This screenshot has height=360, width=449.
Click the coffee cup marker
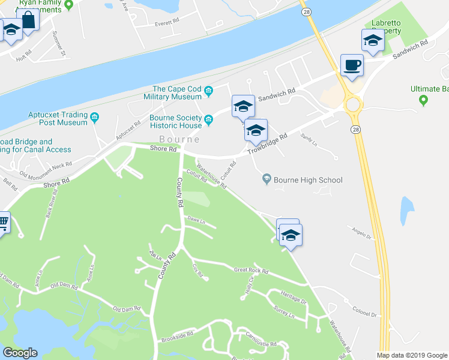click(352, 65)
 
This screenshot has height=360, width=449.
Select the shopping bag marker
click(28, 20)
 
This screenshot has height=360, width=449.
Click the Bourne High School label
click(307, 180)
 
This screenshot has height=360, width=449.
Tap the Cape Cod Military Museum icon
click(209, 92)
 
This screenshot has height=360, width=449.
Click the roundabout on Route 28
click(352, 106)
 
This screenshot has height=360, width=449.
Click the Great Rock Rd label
click(250, 271)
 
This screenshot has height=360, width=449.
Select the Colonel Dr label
click(364, 313)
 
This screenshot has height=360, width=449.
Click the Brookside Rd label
click(177, 337)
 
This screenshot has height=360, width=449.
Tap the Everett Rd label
click(167, 21)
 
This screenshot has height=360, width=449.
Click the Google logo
click(20, 353)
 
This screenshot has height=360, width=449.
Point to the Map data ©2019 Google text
click(412, 355)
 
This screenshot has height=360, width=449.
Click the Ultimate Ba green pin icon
click(424, 100)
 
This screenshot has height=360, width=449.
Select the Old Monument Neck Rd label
click(46, 169)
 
